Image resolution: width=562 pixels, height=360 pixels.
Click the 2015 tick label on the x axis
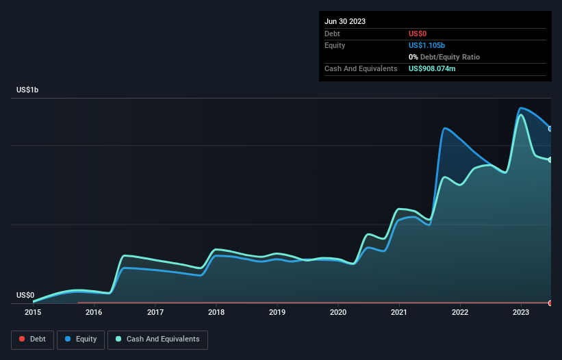[33, 313]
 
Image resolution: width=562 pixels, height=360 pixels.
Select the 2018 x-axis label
[216, 313]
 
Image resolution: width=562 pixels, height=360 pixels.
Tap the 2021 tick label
[399, 313]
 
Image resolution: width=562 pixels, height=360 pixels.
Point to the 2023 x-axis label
[521, 313]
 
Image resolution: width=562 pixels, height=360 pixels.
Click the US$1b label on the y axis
[27, 90]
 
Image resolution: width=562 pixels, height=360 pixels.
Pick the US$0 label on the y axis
[25, 296]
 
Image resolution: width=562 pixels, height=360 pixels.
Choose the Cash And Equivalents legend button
[157, 339]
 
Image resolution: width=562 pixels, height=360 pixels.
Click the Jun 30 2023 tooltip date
[345, 21]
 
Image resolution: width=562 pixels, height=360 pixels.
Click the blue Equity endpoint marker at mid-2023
[550, 129]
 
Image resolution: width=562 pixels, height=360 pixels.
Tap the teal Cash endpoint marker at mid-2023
[550, 160]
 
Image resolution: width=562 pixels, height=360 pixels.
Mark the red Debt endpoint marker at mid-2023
[550, 303]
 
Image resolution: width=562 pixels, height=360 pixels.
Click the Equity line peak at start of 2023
[522, 108]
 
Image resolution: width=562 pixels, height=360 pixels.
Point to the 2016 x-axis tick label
[94, 313]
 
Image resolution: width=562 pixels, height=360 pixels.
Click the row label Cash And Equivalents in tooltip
[361, 69]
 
